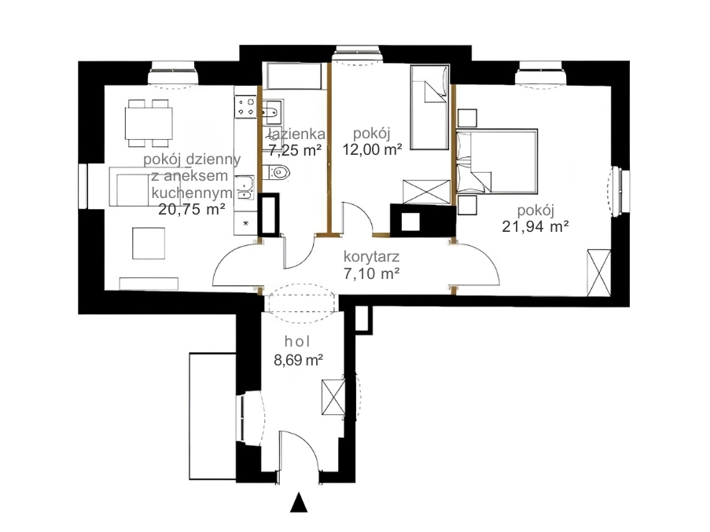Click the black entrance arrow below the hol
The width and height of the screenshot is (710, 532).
(299, 502)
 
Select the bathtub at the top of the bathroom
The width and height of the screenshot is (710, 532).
(294, 76)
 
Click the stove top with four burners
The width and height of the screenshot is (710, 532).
(246, 107)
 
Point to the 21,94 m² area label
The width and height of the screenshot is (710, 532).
(535, 226)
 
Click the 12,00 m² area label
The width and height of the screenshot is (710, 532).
(372, 149)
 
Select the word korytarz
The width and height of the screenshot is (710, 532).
(371, 257)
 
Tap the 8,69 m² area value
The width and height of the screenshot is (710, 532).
(298, 360)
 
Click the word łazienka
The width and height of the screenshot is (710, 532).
(296, 134)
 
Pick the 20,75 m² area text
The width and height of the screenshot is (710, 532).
(192, 209)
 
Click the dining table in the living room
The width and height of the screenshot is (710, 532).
(149, 123)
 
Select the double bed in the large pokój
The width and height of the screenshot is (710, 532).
(497, 162)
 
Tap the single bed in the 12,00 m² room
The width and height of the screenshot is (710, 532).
(430, 107)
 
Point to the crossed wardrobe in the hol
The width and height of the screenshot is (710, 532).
(333, 397)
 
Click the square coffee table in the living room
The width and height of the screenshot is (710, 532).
(149, 243)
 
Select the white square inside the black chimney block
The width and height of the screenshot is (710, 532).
(411, 222)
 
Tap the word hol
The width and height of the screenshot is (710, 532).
(297, 342)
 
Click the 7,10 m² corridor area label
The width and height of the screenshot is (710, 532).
(371, 273)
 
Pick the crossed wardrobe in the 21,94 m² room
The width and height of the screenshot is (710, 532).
(599, 273)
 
